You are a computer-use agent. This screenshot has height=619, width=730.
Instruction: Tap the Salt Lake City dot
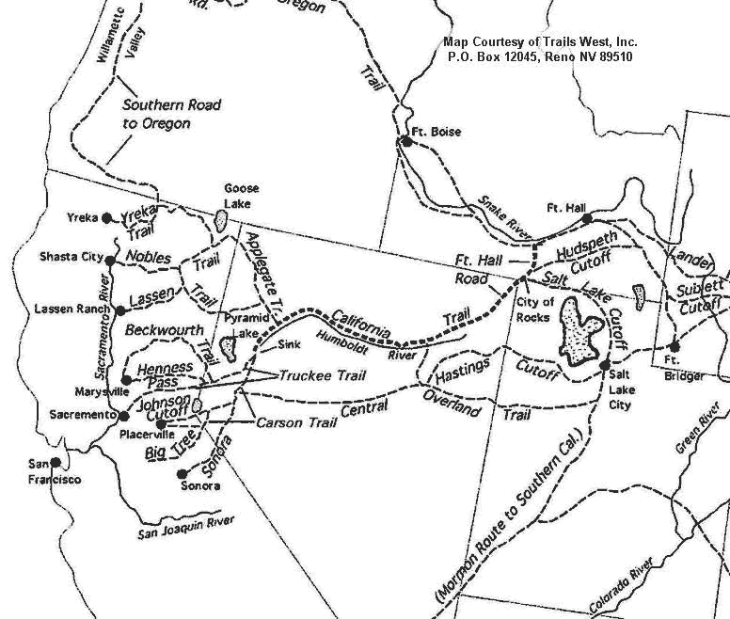pyautogui.click(x=605, y=365)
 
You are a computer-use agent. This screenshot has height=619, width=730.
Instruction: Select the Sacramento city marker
pyautogui.click(x=123, y=415)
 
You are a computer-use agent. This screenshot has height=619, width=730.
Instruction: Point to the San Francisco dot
pyautogui.click(x=56, y=463)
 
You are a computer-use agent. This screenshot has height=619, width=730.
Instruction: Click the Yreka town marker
pyautogui.click(x=107, y=217)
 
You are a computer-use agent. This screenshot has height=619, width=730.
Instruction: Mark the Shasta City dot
pyautogui.click(x=110, y=260)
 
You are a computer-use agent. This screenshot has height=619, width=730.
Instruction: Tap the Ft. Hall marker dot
pyautogui.click(x=587, y=218)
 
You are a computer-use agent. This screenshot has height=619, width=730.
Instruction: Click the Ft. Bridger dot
pyautogui.click(x=674, y=346)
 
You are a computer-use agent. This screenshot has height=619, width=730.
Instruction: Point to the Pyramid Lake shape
pyautogui.click(x=227, y=347)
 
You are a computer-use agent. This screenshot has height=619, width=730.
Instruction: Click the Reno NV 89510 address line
pyautogui.click(x=540, y=56)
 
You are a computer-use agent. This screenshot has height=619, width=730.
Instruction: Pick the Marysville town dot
pyautogui.click(x=126, y=380)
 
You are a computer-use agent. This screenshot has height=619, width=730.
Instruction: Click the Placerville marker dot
pyautogui.click(x=162, y=424)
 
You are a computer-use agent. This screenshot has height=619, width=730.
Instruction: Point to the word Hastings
pyautogui.click(x=459, y=373)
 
